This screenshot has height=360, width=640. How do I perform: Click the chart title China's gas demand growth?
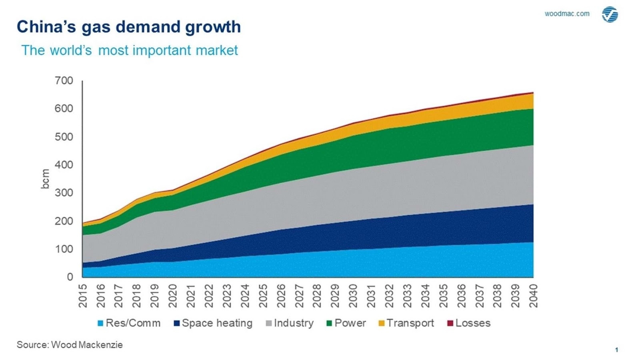click(x=128, y=27)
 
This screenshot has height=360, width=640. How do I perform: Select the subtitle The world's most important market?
click(x=129, y=50)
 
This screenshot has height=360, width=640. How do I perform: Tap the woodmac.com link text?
click(x=567, y=14)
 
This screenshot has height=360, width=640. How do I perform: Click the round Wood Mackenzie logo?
click(x=610, y=14)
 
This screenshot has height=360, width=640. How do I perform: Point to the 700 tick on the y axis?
click(x=64, y=80)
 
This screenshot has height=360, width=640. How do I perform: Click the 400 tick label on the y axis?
click(x=64, y=165)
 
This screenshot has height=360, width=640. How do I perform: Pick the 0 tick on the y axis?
click(x=70, y=277)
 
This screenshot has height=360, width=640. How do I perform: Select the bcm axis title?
click(x=45, y=178)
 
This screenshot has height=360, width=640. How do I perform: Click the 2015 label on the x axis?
click(x=83, y=296)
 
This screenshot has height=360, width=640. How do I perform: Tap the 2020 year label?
click(x=173, y=296)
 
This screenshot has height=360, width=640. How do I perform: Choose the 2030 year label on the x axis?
click(x=353, y=296)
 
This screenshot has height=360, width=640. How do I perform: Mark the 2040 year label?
click(x=533, y=296)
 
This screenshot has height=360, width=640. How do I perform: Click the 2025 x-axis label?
click(x=263, y=296)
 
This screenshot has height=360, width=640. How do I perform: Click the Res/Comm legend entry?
click(x=129, y=323)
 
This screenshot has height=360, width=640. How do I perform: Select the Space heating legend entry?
click(x=213, y=323)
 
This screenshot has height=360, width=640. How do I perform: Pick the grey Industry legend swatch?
click(x=269, y=323)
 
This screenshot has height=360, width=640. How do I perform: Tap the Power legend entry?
click(x=346, y=323)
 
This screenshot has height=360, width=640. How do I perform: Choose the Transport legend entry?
click(x=406, y=323)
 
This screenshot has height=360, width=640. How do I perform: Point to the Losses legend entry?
click(x=468, y=323)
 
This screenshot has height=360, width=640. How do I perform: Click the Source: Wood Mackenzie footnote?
click(x=70, y=345)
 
